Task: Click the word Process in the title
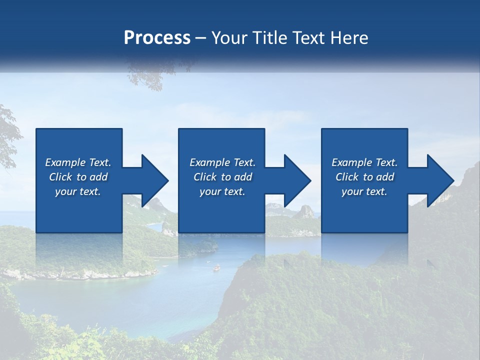pos(157,37)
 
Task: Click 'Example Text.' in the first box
pos(78,162)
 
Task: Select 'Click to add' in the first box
pos(78,176)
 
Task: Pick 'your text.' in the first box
pos(78,191)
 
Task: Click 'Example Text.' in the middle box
pos(222,162)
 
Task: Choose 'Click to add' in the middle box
pos(222,176)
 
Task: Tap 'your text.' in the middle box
pos(222,191)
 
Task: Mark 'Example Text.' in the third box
pos(364,162)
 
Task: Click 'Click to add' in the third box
pos(364,176)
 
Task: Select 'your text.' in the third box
pos(364,191)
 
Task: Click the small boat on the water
pos(216,268)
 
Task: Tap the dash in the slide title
pos(201,38)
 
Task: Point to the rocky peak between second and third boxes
pos(305,211)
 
